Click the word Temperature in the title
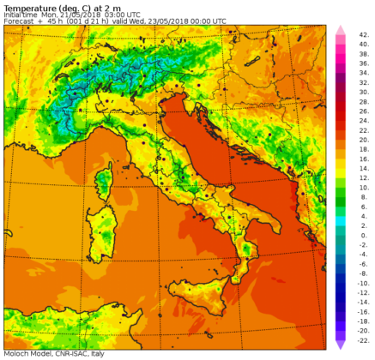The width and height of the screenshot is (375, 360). coord(27,7)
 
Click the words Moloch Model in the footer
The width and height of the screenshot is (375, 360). coord(25,354)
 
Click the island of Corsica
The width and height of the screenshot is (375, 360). coord(105,183)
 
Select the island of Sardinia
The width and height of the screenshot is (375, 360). coord(102,230)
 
